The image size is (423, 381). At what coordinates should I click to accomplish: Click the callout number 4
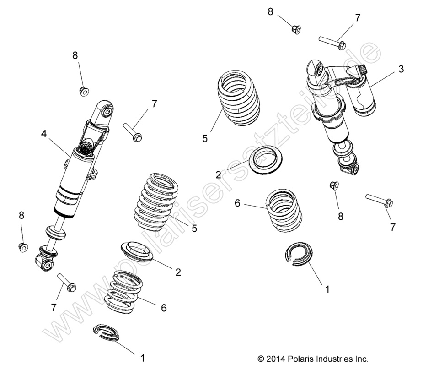coord(44,134)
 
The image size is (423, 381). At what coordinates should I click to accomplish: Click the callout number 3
coord(401,69)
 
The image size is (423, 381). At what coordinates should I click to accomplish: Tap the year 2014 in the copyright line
coord(276,359)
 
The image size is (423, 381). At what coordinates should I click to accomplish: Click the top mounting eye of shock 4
coord(107,110)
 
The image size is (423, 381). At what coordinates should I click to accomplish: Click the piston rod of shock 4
coord(58,223)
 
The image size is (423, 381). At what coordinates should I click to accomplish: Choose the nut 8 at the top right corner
coord(295,29)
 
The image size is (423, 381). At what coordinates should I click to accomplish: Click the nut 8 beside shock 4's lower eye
coord(22,247)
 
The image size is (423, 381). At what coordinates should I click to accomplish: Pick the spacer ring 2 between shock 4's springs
coord(137,253)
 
